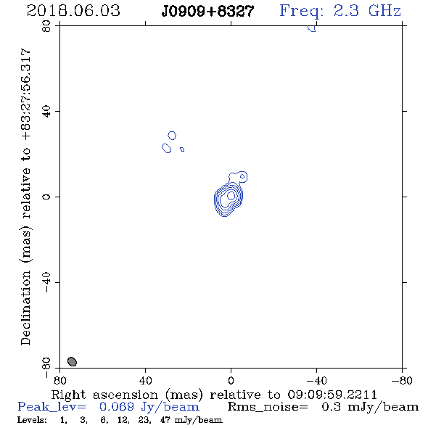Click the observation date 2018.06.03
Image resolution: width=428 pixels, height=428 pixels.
(x=73, y=11)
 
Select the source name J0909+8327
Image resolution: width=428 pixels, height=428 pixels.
(x=207, y=12)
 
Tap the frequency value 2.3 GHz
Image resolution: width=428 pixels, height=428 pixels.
(x=367, y=11)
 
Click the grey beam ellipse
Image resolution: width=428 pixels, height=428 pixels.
(x=72, y=361)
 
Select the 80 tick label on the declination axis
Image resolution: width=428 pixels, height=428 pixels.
(x=46, y=26)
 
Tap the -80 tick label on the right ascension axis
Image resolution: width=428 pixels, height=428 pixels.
(x=402, y=380)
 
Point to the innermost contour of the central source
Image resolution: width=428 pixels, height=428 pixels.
(x=231, y=195)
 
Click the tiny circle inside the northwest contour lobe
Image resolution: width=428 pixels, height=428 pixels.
(x=242, y=176)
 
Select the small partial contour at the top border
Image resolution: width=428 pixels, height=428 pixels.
(x=312, y=28)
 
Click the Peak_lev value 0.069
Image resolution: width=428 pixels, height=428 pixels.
(x=117, y=407)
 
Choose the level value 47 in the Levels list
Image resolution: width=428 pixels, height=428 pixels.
(x=165, y=419)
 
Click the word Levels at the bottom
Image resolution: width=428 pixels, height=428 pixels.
(x=32, y=419)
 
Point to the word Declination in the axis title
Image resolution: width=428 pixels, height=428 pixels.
(x=25, y=308)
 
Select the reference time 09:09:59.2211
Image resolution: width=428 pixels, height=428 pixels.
(x=332, y=395)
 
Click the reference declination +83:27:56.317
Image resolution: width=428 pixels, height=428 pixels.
(x=25, y=95)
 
